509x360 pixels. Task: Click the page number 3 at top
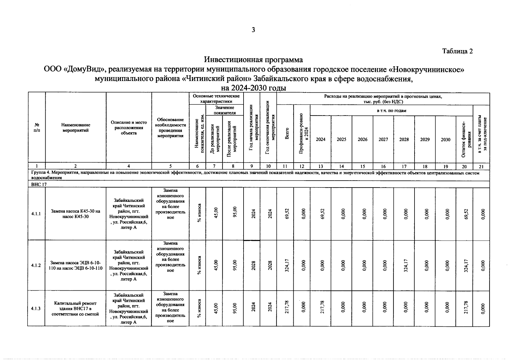tap(253, 30)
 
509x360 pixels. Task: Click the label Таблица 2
tap(457, 51)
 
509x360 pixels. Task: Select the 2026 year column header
tap(362, 139)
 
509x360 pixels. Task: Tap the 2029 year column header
tap(425, 139)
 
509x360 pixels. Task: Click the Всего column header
tap(287, 133)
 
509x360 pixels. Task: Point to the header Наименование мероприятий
tap(76, 127)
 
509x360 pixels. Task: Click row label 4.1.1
tap(36, 214)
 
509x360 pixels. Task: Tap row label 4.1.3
tap(36, 308)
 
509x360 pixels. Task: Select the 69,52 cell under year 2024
tap(321, 214)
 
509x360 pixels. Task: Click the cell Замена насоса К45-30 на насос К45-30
tap(76, 214)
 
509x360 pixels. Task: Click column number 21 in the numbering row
tap(481, 166)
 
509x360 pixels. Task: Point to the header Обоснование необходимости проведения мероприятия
tap(170, 127)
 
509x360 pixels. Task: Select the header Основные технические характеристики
tap(216, 99)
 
